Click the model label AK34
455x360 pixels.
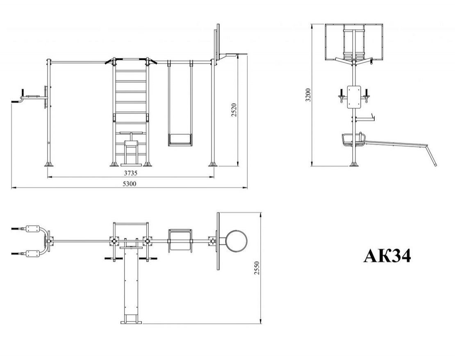(387, 256)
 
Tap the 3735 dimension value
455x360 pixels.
(131, 173)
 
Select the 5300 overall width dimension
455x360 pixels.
(130, 183)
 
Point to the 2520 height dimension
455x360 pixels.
(234, 110)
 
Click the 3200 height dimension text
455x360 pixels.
(308, 95)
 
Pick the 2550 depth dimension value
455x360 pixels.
(257, 268)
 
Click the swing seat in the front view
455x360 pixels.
(180, 140)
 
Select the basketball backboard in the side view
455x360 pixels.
(354, 42)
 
